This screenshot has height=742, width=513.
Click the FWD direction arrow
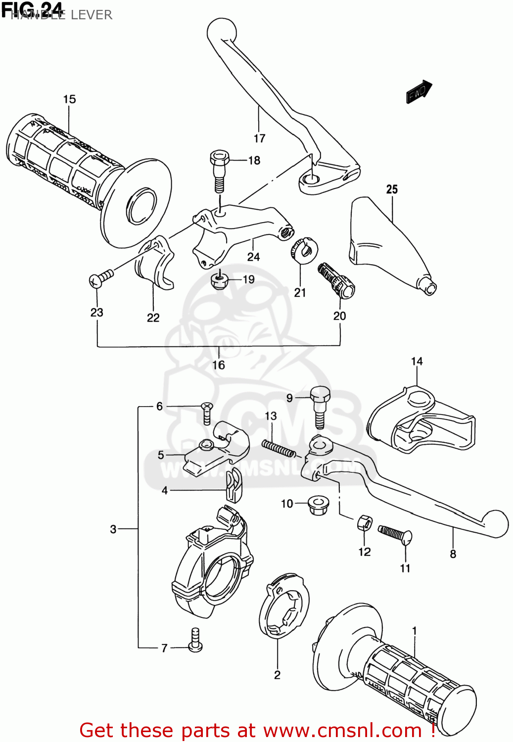[x=419, y=92]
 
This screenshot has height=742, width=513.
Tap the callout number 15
[x=69, y=99]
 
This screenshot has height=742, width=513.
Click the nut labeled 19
[x=218, y=280]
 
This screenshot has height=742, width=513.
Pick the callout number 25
[x=392, y=189]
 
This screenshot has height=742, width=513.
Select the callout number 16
[x=218, y=365]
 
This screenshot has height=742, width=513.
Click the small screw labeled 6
[x=207, y=413]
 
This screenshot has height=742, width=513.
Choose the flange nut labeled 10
[x=317, y=505]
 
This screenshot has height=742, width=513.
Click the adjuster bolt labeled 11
[x=395, y=534]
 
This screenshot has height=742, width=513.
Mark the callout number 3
[x=113, y=529]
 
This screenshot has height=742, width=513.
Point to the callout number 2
[x=277, y=675]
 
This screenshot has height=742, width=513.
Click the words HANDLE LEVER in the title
[x=61, y=15]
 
